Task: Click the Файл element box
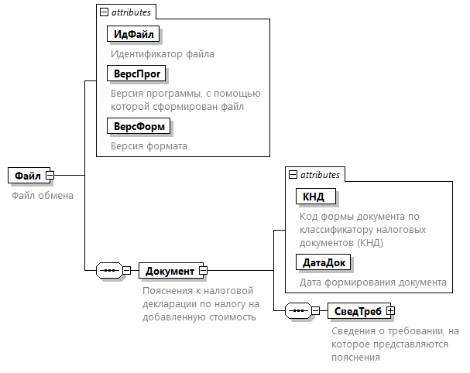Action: pos(29,175)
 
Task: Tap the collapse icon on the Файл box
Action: pos(50,175)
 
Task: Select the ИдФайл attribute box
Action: pos(133,34)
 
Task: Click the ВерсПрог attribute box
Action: pos(136,74)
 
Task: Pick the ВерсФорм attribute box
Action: pos(139,126)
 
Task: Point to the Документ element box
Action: pos(171,271)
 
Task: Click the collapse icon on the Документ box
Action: pos(203,270)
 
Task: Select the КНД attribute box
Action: pos(316,197)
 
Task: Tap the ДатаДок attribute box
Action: pos(323,262)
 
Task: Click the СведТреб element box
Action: pos(359,310)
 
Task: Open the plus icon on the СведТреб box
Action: pos(390,310)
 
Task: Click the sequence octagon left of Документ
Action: pos(109,270)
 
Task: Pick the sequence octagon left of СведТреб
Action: pos(298,310)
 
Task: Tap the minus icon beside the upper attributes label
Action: pos(104,12)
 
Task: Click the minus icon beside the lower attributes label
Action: pos(293,174)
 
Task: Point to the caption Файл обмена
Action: pos(43,195)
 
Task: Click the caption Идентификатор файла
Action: pos(163,54)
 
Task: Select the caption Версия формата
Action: pos(149,146)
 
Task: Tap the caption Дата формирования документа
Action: pos(373,282)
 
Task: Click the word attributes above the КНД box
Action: pos(320,175)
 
